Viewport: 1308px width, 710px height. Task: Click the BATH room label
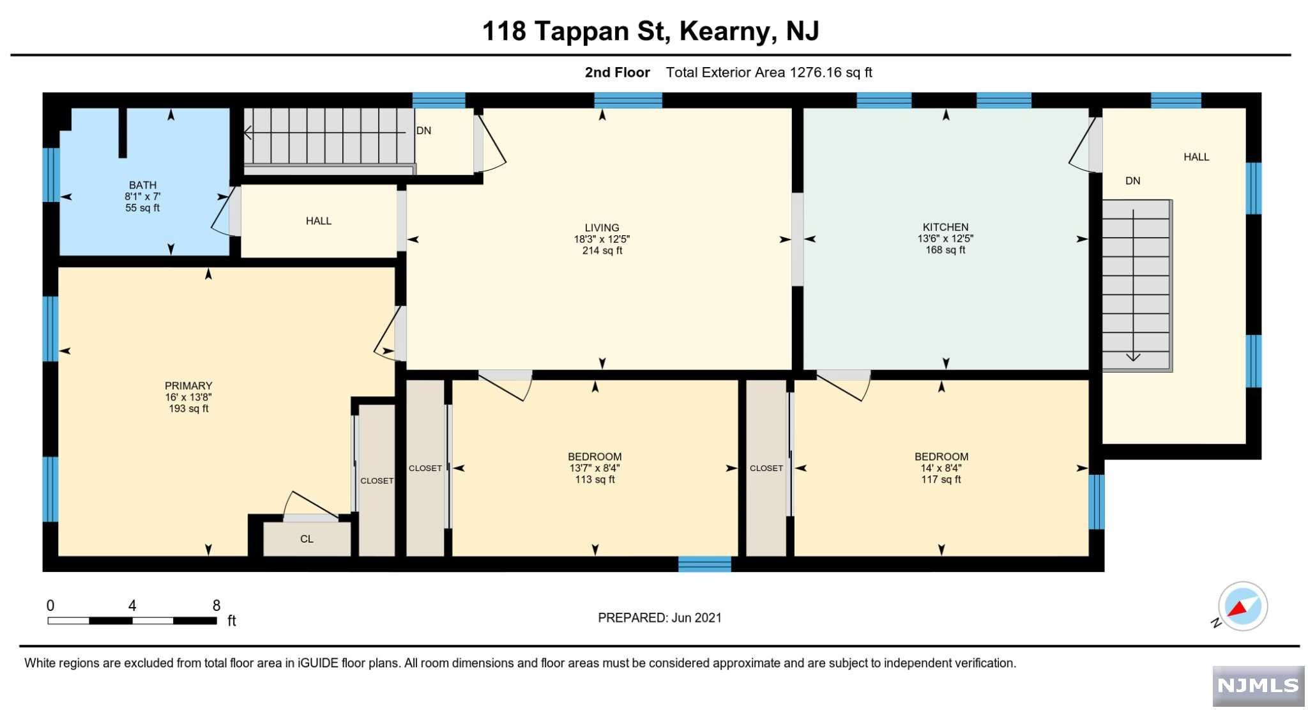click(142, 185)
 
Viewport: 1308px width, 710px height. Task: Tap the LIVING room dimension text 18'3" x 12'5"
click(602, 239)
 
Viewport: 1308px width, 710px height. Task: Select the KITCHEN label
click(945, 227)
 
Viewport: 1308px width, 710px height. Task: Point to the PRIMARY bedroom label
click(188, 385)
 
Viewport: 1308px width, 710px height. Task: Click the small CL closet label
click(307, 539)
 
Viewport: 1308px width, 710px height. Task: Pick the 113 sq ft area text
click(595, 479)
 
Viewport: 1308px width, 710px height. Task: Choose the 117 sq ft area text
click(941, 479)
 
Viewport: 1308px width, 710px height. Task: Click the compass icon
click(1242, 606)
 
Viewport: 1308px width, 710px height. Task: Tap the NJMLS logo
click(1258, 686)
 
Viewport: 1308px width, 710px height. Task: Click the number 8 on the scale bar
click(217, 605)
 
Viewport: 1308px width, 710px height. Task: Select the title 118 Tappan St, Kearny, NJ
click(650, 31)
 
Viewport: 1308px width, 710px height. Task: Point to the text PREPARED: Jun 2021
click(660, 617)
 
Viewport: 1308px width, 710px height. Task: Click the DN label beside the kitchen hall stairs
click(1132, 181)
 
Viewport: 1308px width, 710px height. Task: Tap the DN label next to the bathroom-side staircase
click(423, 130)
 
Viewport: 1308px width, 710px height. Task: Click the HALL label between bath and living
click(318, 221)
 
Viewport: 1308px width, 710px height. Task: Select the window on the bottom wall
click(704, 564)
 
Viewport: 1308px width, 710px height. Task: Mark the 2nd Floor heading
click(617, 72)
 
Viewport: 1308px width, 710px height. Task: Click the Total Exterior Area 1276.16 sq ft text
click(769, 72)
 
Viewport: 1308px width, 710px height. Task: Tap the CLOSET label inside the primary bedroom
click(377, 481)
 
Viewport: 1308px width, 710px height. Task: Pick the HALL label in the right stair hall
click(1196, 157)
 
